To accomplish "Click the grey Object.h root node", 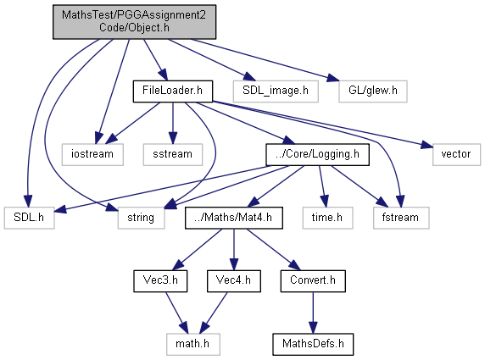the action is [x=134, y=22].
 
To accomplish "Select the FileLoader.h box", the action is [x=173, y=91].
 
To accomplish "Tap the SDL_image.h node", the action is [x=276, y=91].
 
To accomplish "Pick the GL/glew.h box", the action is [x=373, y=91].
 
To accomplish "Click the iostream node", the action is [x=92, y=154].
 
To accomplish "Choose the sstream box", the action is [x=173, y=154].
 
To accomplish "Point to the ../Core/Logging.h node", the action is [x=317, y=154].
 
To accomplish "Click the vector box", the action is [x=456, y=154].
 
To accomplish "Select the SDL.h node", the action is [x=29, y=218].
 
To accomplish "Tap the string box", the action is [x=141, y=218].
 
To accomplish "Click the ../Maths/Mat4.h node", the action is [x=234, y=218].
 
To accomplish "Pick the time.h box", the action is [x=327, y=218].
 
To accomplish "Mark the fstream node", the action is [x=401, y=218].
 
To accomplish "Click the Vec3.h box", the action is [x=160, y=281].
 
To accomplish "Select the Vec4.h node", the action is [x=234, y=281].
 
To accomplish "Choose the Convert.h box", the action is [x=313, y=281].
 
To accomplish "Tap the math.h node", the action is [x=193, y=344].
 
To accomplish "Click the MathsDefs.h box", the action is [x=313, y=344].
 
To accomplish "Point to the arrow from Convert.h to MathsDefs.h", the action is [x=313, y=313].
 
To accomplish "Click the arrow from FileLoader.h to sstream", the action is [x=173, y=123].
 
